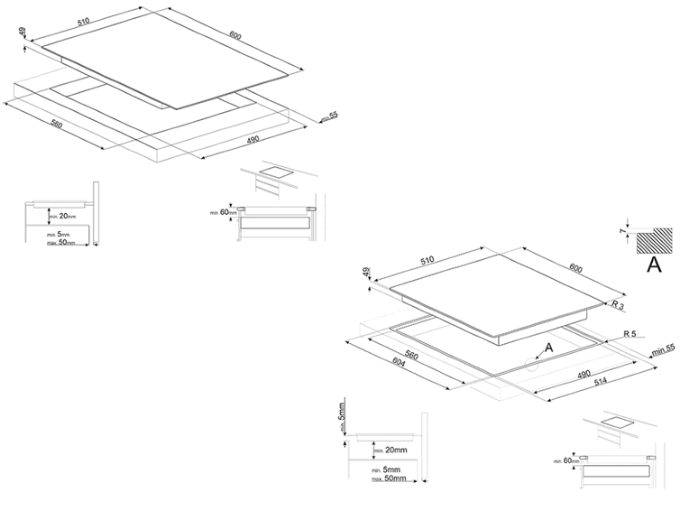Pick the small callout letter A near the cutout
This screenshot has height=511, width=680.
point(548,346)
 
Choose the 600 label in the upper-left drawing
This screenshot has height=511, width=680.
point(235,36)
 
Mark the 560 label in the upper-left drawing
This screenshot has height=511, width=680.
point(56,124)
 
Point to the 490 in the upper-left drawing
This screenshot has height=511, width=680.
point(253,139)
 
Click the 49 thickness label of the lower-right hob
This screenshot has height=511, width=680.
point(367,272)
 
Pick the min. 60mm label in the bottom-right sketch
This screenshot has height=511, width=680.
point(565,461)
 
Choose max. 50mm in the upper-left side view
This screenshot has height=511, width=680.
point(62,242)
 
